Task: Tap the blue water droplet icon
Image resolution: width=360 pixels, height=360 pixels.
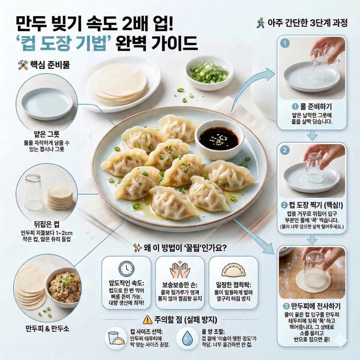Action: coord(188,338)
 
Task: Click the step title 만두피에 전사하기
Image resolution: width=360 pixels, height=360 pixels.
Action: coord(315,306)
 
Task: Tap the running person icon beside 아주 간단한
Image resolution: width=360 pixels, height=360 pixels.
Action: coord(260,23)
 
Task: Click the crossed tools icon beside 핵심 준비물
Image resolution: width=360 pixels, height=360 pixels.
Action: coord(23,64)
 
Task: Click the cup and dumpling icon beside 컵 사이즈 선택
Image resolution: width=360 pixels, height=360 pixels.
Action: coord(117,338)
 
